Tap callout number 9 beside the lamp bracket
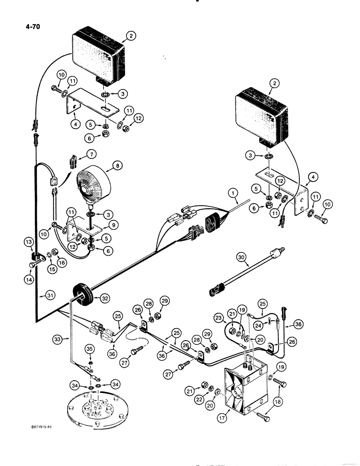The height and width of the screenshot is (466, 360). click(x=111, y=225)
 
